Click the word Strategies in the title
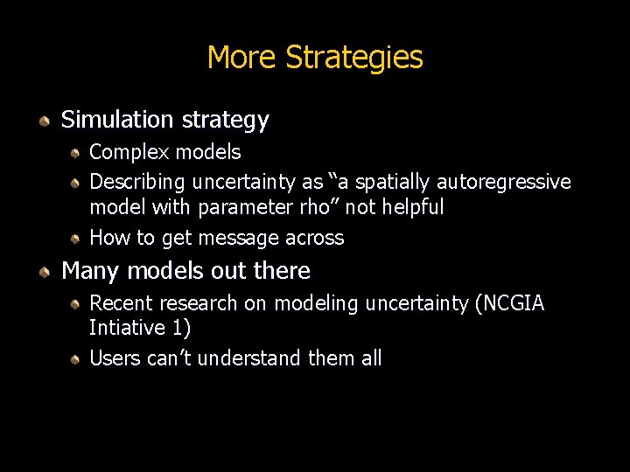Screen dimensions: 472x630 click(354, 58)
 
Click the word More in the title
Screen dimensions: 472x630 click(242, 58)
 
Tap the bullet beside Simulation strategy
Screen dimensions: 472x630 click(44, 121)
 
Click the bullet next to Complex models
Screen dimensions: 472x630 click(76, 153)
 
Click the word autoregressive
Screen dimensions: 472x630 click(504, 183)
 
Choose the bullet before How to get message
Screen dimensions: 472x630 click(76, 238)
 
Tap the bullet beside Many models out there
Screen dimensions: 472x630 click(44, 272)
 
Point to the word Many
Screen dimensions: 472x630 click(91, 271)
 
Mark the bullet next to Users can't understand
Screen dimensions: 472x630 click(76, 359)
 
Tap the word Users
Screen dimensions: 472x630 click(115, 358)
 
